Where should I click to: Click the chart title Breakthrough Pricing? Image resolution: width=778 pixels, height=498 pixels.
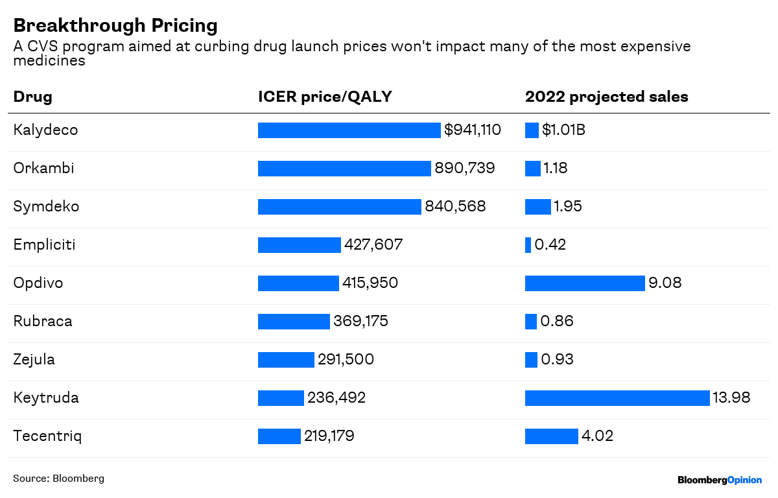tap(115, 25)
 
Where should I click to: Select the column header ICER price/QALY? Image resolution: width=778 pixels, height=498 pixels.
tap(325, 97)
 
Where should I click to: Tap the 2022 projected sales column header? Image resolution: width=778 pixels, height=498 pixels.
tap(606, 97)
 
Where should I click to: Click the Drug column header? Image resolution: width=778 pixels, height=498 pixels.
tap(32, 97)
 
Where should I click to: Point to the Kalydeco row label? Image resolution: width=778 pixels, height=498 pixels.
tap(45, 130)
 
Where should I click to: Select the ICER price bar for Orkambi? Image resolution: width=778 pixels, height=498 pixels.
tap(344, 169)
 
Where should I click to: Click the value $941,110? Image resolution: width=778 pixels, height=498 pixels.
tap(472, 130)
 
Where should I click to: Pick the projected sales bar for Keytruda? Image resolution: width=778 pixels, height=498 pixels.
tap(617, 398)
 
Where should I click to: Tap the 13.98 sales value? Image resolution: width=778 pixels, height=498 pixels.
tap(731, 397)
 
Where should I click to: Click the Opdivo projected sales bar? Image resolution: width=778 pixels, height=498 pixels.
tap(585, 283)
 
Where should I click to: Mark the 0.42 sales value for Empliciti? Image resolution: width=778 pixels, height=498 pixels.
tap(550, 245)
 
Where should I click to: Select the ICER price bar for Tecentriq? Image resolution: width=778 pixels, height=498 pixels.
tap(279, 436)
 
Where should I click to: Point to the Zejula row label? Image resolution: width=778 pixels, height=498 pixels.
tap(34, 359)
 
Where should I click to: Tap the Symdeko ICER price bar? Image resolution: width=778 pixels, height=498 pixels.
tap(339, 207)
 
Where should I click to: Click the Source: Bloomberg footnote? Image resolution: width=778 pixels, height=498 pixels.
tap(58, 479)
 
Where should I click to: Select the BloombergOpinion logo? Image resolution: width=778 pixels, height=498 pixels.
tap(719, 480)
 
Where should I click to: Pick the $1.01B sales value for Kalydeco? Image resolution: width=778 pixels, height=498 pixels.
tap(563, 130)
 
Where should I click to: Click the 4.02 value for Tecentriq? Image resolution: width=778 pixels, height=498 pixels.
tap(597, 436)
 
